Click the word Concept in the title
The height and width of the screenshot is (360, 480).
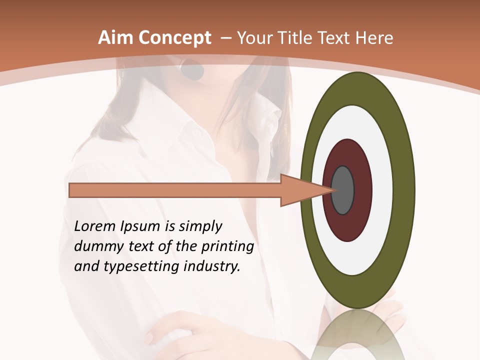[x=174, y=38]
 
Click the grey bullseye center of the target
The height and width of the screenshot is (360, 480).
[x=343, y=190]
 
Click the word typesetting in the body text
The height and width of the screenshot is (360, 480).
[x=133, y=267]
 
